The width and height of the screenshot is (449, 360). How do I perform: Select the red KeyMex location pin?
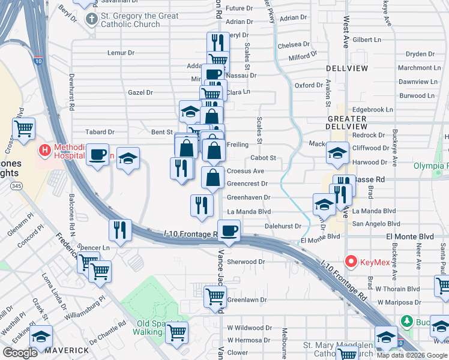[x=351, y=262]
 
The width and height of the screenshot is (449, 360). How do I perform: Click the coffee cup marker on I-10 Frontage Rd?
[x=229, y=230]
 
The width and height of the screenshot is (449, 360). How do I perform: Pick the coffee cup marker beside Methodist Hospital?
[x=97, y=155]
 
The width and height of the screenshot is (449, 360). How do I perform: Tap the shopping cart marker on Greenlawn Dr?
[x=215, y=296]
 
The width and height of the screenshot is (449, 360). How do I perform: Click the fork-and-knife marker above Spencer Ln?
[x=121, y=230]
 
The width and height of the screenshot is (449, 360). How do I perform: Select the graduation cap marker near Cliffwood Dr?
[x=337, y=153]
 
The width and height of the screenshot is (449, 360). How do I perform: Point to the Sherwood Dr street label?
[x=246, y=262]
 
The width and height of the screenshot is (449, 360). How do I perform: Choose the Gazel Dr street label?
[x=140, y=92]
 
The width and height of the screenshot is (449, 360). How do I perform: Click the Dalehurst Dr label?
[x=283, y=226]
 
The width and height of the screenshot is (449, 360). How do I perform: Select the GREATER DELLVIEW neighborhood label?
[x=346, y=122]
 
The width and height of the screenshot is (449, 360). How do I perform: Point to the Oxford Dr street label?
[x=309, y=85]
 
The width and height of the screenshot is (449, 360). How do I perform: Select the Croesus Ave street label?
[x=246, y=171]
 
